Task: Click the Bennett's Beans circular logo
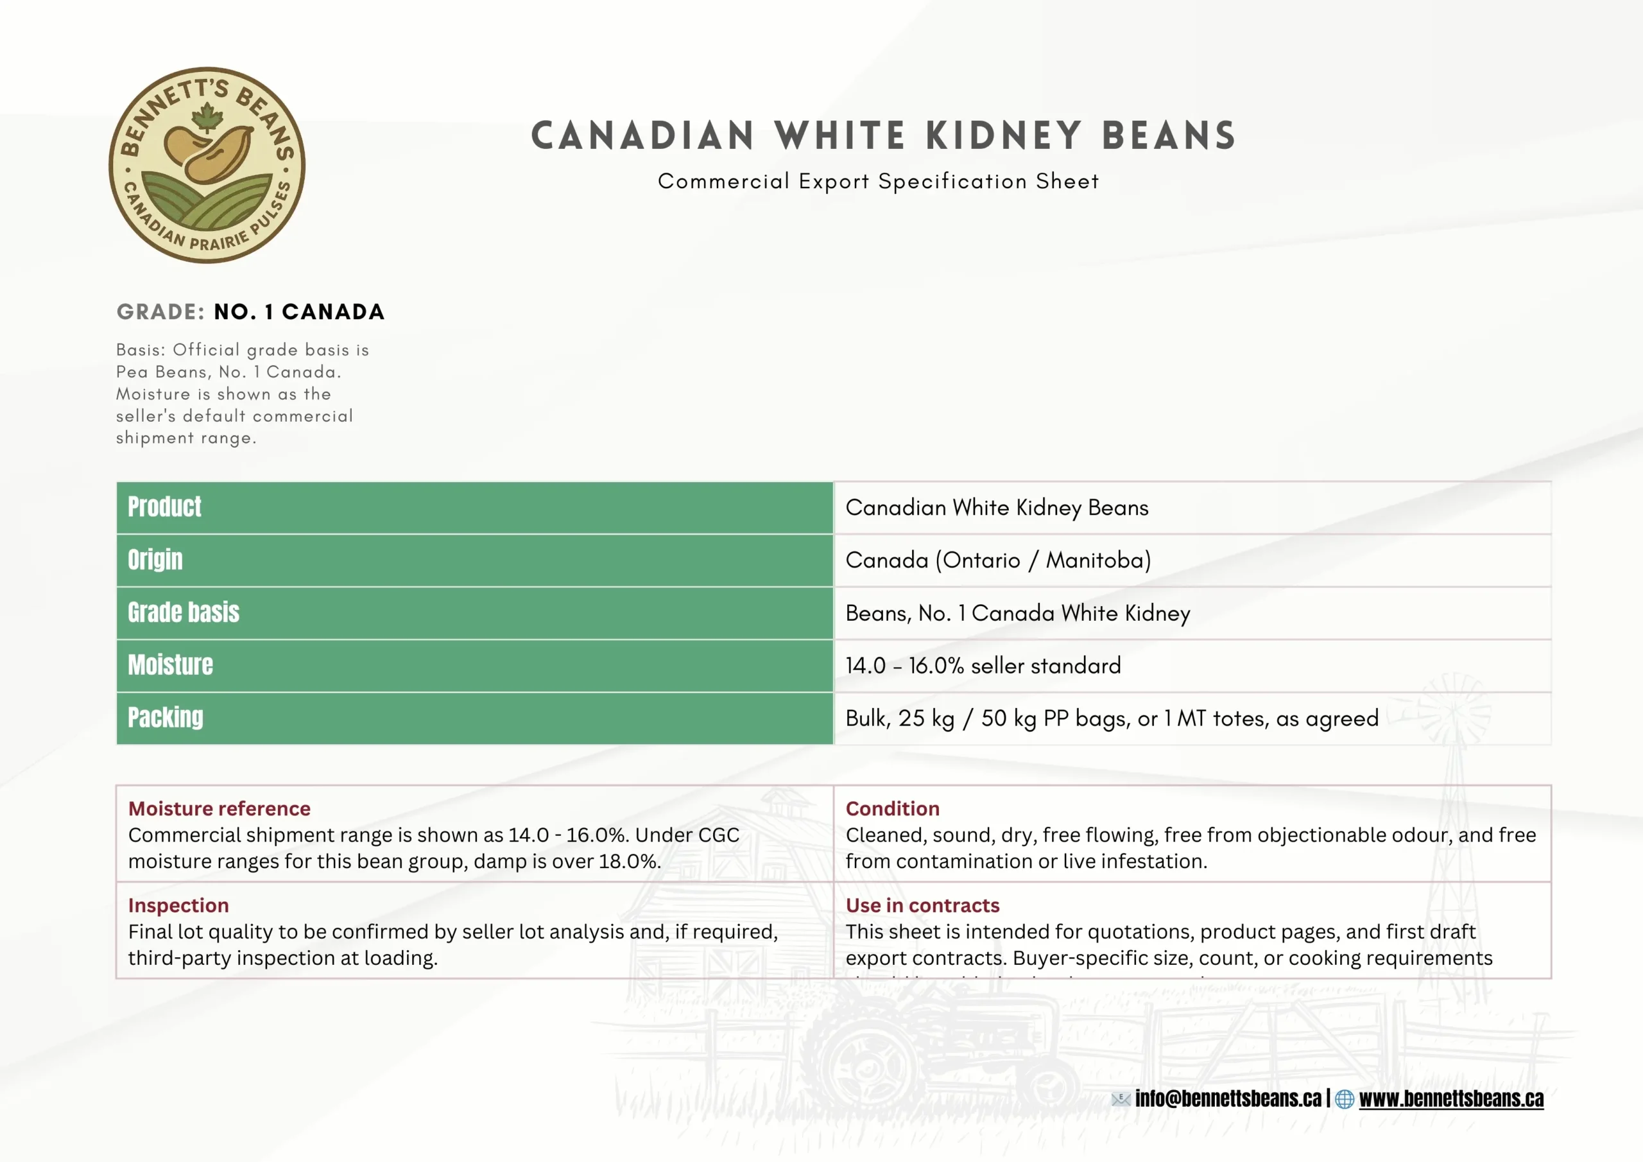207,166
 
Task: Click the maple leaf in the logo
207,117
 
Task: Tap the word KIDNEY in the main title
1003,136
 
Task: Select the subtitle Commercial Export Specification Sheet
878,182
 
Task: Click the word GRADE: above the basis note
161,312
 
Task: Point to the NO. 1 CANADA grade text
299,312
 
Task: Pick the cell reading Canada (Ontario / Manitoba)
998,560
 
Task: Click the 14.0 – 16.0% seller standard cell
983,666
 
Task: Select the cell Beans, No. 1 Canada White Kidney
1018,613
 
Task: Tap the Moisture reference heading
219,808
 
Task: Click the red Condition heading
892,808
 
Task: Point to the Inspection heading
178,905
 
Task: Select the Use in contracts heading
922,905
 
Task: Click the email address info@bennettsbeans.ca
1228,1098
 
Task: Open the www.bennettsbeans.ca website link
1451,1098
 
